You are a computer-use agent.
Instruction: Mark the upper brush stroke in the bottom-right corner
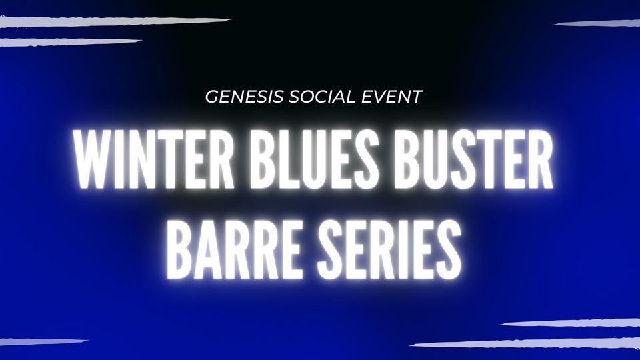[x=567, y=323]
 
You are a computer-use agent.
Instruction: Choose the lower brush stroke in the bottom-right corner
[x=527, y=344]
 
